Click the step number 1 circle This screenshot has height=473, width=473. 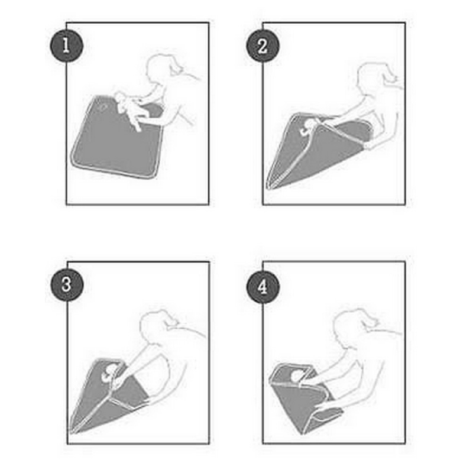pyautogui.click(x=66, y=46)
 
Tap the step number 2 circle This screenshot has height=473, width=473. pyautogui.click(x=263, y=46)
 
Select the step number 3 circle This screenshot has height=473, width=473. pyautogui.click(x=67, y=285)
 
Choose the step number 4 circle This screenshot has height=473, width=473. pyautogui.click(x=263, y=286)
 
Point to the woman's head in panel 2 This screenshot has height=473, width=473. pyautogui.click(x=372, y=76)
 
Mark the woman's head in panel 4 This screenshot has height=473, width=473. pyautogui.click(x=350, y=323)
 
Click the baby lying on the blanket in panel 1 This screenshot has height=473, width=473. pyautogui.click(x=129, y=108)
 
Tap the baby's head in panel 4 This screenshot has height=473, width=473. pyautogui.click(x=298, y=376)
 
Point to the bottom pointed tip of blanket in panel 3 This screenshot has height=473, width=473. pyautogui.click(x=72, y=432)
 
